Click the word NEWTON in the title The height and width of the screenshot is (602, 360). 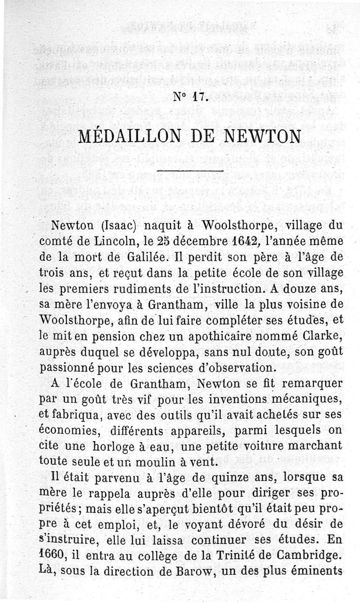tap(259, 135)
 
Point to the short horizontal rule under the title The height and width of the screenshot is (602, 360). tap(191, 171)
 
